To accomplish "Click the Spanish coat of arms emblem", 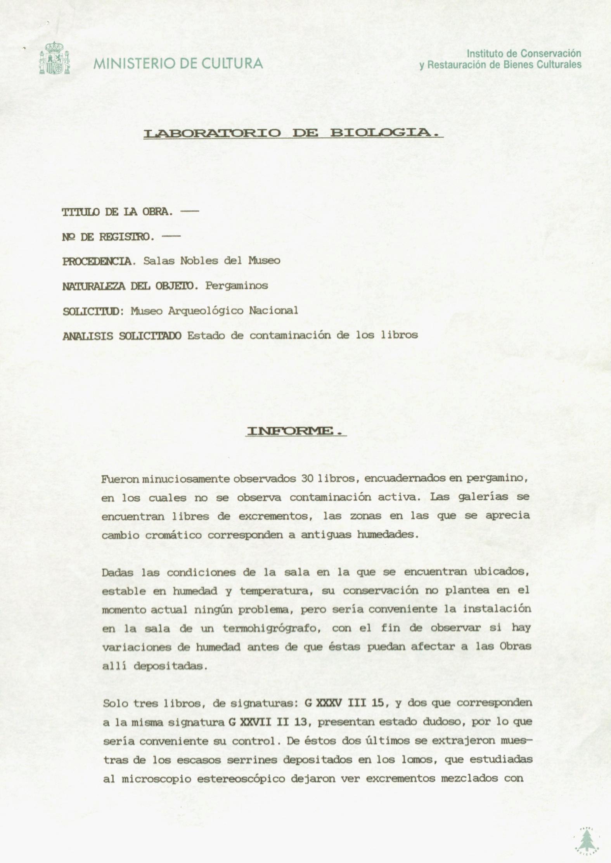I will [54, 58].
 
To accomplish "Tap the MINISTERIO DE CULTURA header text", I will [178, 63].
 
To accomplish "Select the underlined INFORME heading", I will [296, 431].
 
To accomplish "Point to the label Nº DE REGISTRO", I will [108, 237].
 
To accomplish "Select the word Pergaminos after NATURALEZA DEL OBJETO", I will [237, 286].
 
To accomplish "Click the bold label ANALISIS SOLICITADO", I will [122, 336].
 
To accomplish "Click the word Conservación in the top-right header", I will [551, 53].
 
